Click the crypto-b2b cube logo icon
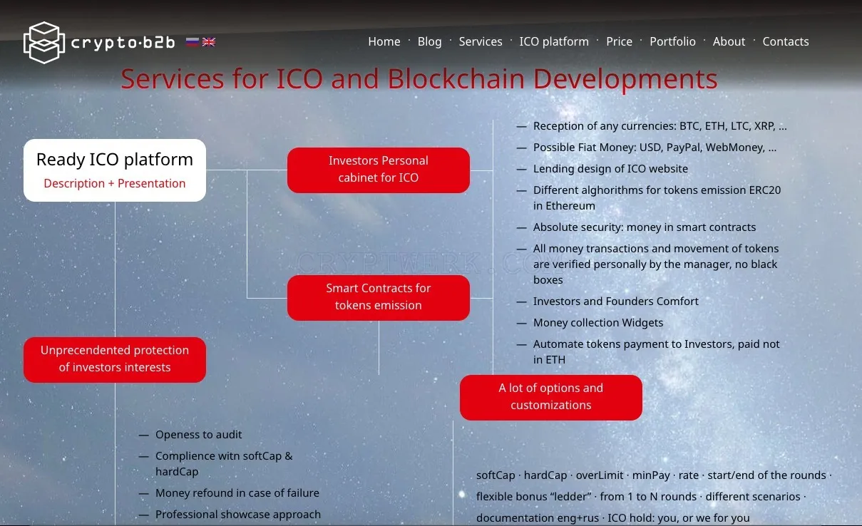pyautogui.click(x=44, y=42)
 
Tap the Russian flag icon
pyautogui.click(x=192, y=41)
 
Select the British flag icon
pyautogui.click(x=209, y=41)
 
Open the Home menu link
pyautogui.click(x=384, y=41)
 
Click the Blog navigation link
pyautogui.click(x=429, y=41)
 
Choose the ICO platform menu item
pyautogui.click(x=554, y=41)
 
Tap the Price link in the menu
pyautogui.click(x=619, y=41)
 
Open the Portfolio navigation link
pyautogui.click(x=672, y=41)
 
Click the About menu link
pyautogui.click(x=729, y=41)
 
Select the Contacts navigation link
pyautogui.click(x=786, y=41)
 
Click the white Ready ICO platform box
pyautogui.click(x=115, y=170)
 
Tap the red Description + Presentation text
pyautogui.click(x=115, y=184)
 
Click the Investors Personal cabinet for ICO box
pyautogui.click(x=379, y=170)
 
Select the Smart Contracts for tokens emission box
pyautogui.click(x=379, y=298)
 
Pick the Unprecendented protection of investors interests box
pyautogui.click(x=115, y=360)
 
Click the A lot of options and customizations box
pyautogui.click(x=551, y=398)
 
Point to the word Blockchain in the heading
pyautogui.click(x=456, y=79)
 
